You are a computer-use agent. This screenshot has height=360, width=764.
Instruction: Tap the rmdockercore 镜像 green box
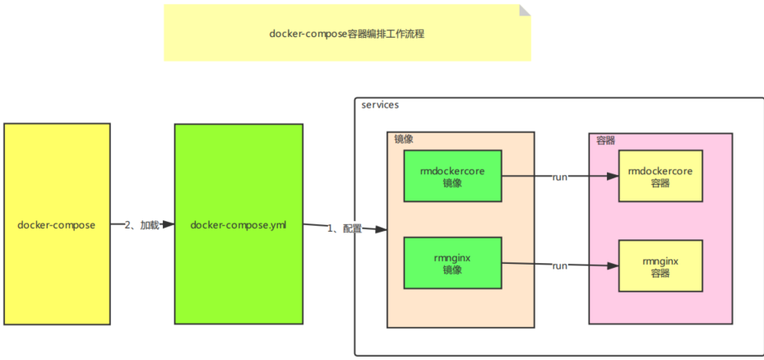coord(452,176)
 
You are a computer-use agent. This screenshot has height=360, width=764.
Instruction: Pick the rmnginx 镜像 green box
coord(452,263)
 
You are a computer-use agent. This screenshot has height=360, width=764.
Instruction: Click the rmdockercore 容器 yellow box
coord(660,176)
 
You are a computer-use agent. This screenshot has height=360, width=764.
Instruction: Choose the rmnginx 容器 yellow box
coord(660,265)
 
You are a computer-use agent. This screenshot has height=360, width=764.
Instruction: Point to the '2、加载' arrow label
coord(141,224)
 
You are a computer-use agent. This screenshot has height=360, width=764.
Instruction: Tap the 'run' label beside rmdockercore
coord(560,176)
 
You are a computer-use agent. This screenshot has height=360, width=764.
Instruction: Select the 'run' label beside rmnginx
coord(560,265)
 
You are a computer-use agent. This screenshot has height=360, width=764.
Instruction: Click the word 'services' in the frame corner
coord(380,105)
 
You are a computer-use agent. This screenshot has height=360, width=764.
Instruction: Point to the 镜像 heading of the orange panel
coord(403,139)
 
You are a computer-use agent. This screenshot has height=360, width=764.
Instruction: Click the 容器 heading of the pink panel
coord(606,141)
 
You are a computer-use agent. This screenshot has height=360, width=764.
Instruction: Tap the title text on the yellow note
coord(346,35)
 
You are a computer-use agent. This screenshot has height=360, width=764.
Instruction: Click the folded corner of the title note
coord(525,10)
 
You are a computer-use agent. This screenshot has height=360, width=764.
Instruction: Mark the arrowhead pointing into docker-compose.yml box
coord(168,224)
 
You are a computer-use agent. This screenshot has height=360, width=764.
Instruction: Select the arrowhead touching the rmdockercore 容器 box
coord(612,176)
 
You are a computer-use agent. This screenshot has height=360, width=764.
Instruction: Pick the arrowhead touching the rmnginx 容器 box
coord(612,265)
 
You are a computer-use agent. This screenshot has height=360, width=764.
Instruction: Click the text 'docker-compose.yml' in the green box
coord(238,224)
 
